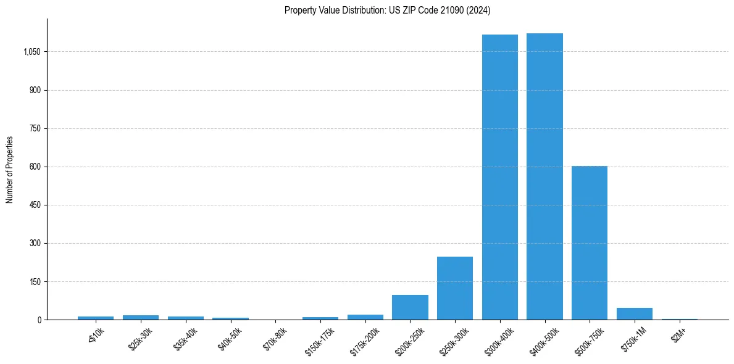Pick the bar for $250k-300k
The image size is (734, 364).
pos(455,288)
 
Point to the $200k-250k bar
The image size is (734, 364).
pos(410,307)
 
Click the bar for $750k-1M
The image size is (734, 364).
pos(635,313)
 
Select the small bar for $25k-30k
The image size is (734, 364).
pos(141,317)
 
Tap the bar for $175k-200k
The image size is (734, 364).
pos(365,317)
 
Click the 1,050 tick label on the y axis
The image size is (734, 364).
pos(31,52)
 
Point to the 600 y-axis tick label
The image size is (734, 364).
pos(35,167)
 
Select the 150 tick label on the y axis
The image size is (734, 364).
pos(35,281)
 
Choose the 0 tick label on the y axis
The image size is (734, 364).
pos(39,320)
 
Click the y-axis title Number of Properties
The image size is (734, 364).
pos(10,169)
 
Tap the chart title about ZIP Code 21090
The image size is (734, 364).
pos(387,10)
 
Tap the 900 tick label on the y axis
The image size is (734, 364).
pos(35,90)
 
